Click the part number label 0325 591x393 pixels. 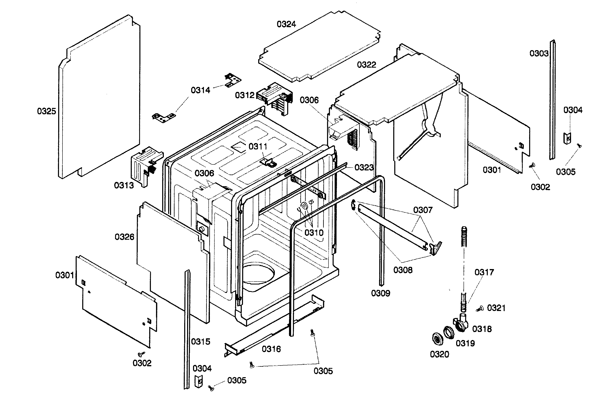pyautogui.click(x=46, y=111)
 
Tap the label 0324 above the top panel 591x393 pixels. pyautogui.click(x=286, y=24)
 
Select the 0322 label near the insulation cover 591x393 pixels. pyautogui.click(x=367, y=65)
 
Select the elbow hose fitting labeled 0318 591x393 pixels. pyautogui.click(x=461, y=325)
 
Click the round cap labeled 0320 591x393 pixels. pyautogui.click(x=438, y=339)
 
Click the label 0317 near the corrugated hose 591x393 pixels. pyautogui.click(x=484, y=272)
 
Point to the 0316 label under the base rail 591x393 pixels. pyautogui.click(x=271, y=349)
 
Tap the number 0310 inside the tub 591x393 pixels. pyautogui.click(x=314, y=233)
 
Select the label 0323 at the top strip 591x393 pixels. pyautogui.click(x=364, y=168)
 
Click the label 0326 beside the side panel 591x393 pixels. pyautogui.click(x=124, y=237)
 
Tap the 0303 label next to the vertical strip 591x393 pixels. pyautogui.click(x=539, y=53)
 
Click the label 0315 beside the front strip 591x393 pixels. pyautogui.click(x=200, y=342)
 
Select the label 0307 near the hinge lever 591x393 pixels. pyautogui.click(x=423, y=210)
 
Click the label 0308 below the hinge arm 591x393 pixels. pyautogui.click(x=403, y=270)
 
